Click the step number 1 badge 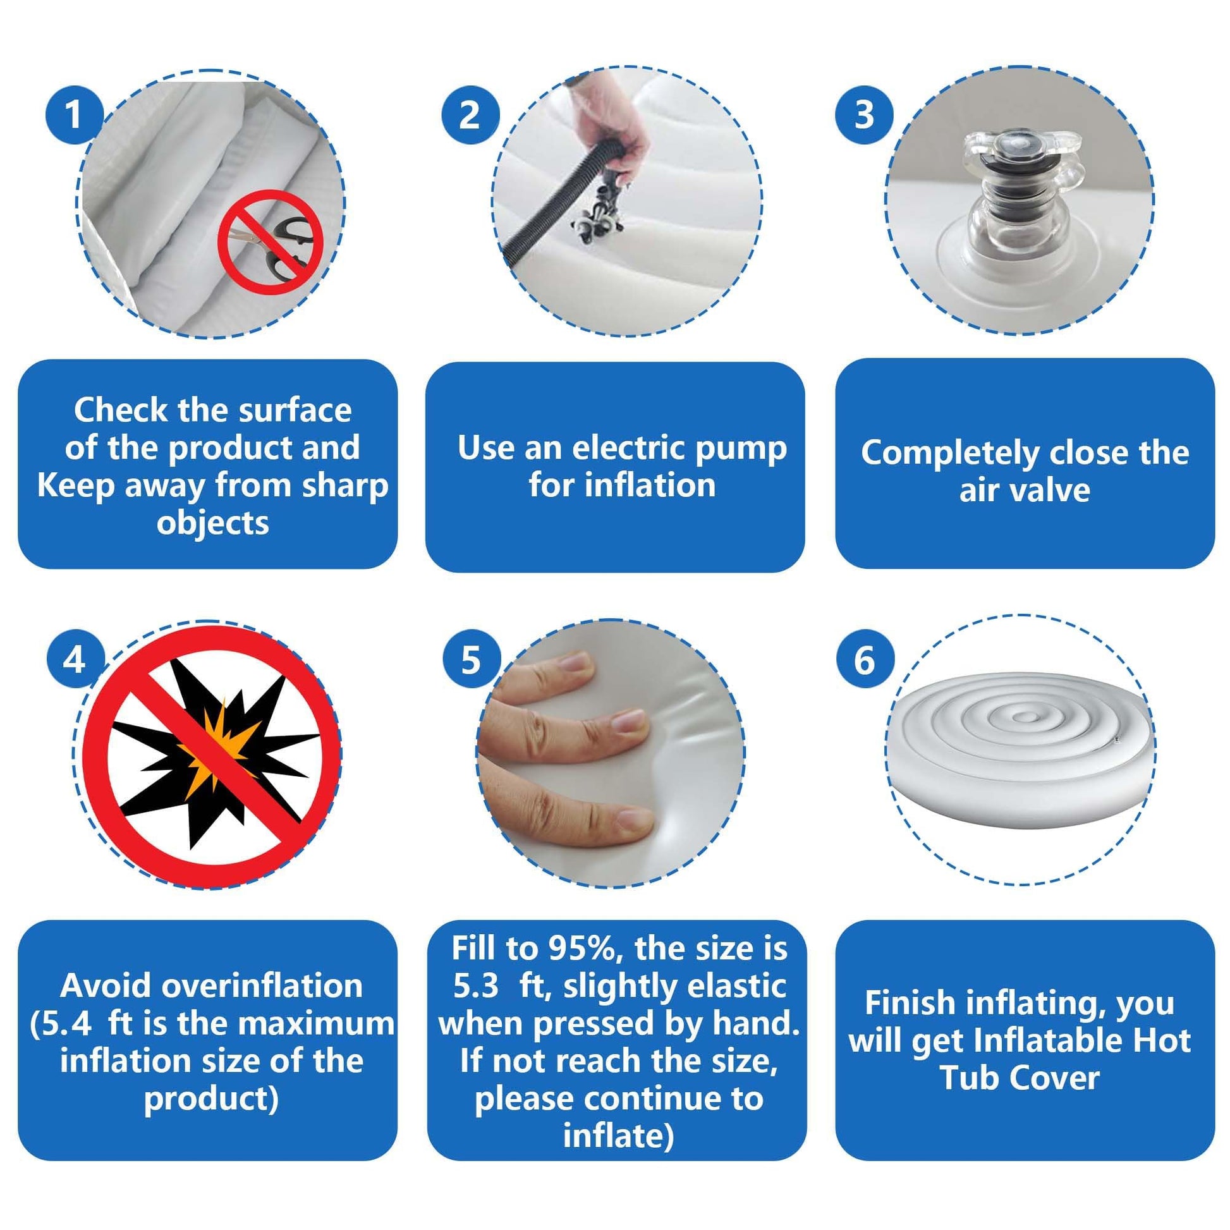[74, 115]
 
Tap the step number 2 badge [470, 115]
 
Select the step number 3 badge [864, 114]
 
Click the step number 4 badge [75, 660]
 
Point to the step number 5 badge [470, 660]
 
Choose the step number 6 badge [864, 660]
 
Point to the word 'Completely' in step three [951, 453]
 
